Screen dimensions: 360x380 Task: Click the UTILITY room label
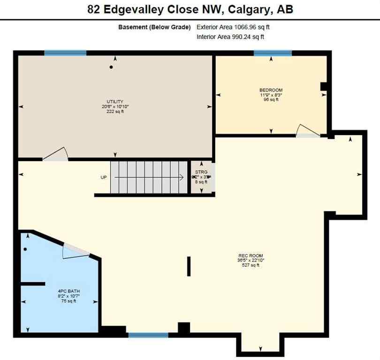(114, 102)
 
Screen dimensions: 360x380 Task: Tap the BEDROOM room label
(271, 90)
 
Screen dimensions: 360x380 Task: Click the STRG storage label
(201, 172)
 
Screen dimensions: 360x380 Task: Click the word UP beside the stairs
(104, 177)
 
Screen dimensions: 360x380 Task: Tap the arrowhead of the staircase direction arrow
(181, 177)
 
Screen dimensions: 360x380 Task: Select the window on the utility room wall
(65, 53)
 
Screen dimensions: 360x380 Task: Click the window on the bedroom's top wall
(273, 53)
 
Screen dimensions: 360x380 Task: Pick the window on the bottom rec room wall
(148, 335)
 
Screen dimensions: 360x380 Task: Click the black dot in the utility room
(111, 67)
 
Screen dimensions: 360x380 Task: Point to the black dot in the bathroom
(25, 249)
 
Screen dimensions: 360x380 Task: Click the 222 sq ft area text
(114, 112)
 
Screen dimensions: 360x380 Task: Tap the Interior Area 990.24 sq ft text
(230, 37)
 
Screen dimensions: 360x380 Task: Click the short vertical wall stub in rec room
(189, 266)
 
